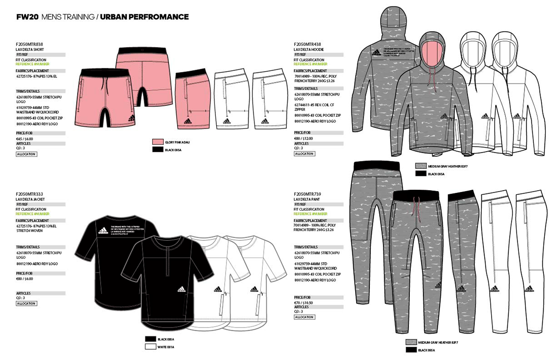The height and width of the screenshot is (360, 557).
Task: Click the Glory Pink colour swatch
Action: point(158,141)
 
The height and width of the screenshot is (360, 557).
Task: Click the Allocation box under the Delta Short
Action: point(26,154)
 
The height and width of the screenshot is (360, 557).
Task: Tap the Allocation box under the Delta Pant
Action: point(304,317)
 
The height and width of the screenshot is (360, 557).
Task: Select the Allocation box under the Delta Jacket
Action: point(26,303)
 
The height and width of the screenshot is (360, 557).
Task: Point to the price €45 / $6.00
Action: point(26,138)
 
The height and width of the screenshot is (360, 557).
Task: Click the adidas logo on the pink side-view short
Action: point(188,121)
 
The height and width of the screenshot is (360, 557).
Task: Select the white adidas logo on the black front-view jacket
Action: point(182,289)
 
